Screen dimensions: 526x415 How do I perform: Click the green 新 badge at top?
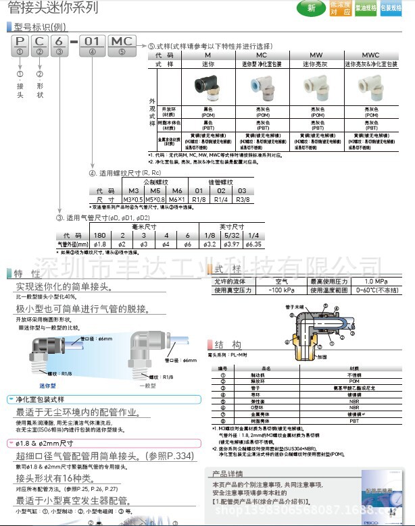pos(312,9)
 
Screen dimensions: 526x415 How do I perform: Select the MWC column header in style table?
pos(371,55)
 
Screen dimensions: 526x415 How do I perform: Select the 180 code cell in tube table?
pos(99,235)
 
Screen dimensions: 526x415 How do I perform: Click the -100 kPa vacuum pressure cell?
pos(281,290)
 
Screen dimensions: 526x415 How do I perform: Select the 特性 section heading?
pos(27,273)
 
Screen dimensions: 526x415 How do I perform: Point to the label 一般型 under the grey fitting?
pos(147,386)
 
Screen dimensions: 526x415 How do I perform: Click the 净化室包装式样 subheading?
pos(42,400)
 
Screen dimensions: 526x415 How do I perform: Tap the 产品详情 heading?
pos(228,473)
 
